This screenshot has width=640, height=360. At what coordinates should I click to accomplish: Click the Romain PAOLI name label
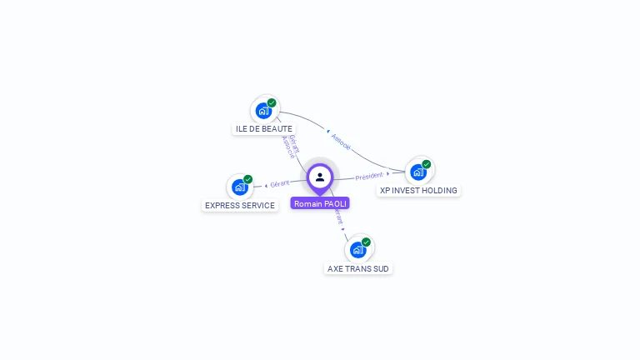pos(320,203)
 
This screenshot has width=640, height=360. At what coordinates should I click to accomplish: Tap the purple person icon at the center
pos(320,177)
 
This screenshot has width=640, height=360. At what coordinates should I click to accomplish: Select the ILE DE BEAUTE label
pos(264,129)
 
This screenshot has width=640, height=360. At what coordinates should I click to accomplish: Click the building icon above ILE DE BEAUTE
pos(263,110)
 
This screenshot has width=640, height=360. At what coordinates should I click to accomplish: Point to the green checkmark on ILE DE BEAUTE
pos(272,102)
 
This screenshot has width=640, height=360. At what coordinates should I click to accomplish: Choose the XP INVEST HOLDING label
pos(418,190)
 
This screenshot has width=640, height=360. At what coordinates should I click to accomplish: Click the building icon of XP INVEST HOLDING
pos(417,172)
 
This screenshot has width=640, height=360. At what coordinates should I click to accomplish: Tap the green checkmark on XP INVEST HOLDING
pos(427,164)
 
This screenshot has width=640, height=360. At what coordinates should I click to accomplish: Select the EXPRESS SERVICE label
pos(240,205)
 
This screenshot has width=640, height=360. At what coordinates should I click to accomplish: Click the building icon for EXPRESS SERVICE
pos(239,187)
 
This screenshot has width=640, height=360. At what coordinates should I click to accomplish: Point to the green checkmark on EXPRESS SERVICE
pos(247,179)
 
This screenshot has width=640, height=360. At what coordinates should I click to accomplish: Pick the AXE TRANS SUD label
pos(358,268)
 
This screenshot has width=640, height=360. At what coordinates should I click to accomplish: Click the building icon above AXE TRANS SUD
pos(357,249)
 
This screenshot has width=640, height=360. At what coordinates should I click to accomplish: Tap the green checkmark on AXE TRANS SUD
pos(366,242)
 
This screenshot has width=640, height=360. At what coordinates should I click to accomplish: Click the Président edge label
pos(368,176)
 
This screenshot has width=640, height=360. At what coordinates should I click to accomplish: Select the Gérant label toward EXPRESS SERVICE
pos(280,183)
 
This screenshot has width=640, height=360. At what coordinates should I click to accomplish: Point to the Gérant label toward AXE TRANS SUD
pos(337,218)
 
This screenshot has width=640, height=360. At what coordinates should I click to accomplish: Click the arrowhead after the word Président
pos(388,174)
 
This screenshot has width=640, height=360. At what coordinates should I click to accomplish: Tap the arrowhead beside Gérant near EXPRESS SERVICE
pos(266,185)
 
